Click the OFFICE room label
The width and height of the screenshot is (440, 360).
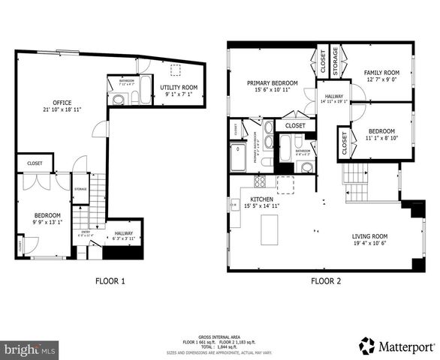[62, 102]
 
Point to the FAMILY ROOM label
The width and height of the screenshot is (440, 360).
[382, 73]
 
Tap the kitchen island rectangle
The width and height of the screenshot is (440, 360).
[269, 229]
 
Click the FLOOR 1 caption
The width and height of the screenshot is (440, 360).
[110, 282]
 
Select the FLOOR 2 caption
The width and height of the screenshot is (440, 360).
[326, 282]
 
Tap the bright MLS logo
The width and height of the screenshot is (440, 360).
[30, 349]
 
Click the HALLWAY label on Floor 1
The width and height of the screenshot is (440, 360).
[123, 233]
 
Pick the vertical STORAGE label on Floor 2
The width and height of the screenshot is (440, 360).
[335, 60]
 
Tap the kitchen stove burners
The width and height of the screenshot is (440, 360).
[260, 181]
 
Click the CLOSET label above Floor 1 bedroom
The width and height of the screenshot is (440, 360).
[35, 162]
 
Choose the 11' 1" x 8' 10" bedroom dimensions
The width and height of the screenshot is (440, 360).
[382, 138]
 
